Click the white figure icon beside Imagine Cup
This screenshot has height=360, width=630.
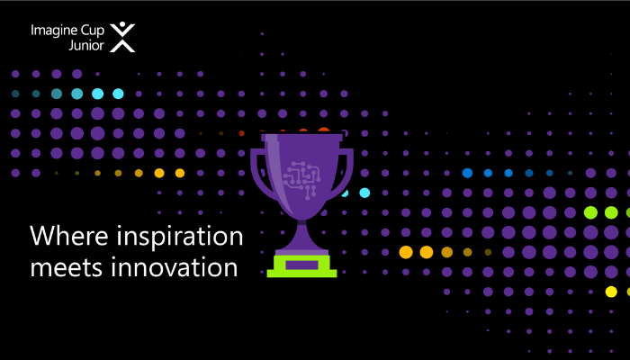click(121, 37)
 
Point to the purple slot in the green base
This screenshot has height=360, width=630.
click(301, 263)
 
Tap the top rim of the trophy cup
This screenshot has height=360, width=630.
click(301, 138)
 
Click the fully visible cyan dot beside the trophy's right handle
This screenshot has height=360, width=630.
click(364, 193)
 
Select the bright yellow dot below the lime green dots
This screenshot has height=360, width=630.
click(611, 292)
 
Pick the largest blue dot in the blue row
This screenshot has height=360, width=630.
click(467, 172)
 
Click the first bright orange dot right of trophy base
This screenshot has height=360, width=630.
click(405, 252)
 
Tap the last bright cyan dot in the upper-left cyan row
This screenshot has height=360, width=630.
click(118, 94)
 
